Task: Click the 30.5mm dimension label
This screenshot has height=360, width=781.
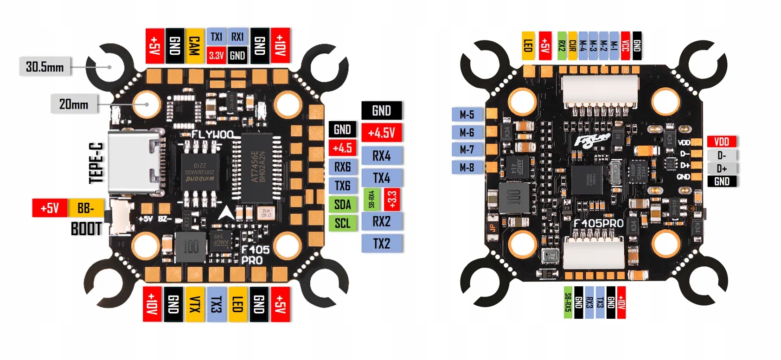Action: [x=45, y=67]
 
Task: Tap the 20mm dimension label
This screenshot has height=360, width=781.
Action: [x=74, y=104]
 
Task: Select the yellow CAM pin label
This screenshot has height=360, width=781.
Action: [x=194, y=46]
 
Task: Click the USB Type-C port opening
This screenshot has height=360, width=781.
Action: [x=134, y=161]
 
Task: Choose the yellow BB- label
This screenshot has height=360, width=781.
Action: [x=86, y=208]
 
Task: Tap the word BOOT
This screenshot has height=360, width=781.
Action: [x=86, y=229]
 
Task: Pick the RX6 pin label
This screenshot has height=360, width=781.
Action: [x=343, y=167]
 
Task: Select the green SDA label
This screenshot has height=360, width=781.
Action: [x=343, y=205]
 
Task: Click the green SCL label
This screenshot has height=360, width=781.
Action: [x=343, y=223]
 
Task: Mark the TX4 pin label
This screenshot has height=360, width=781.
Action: [x=382, y=178]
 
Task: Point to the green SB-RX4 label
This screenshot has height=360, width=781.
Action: [x=371, y=199]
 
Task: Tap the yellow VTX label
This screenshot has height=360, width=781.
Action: [x=195, y=304]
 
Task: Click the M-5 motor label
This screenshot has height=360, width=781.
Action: [x=467, y=115]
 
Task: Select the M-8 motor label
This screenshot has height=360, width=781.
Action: [x=467, y=167]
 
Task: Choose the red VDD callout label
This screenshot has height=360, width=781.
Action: [x=722, y=142]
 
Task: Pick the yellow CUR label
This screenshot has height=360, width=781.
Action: [x=572, y=46]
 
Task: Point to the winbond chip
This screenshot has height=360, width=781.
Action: [x=200, y=171]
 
